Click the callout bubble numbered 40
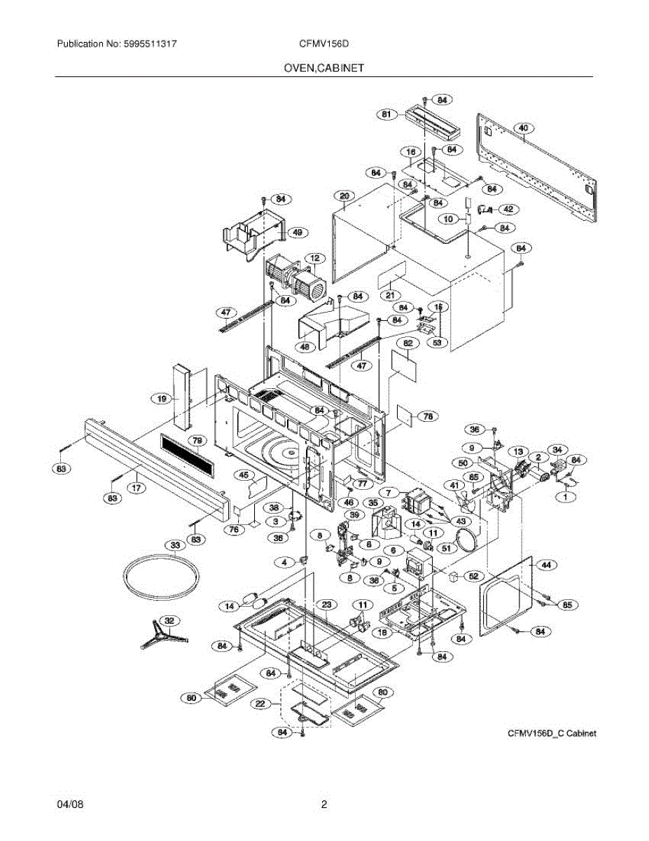pos(524,128)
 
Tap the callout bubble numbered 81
pos(385,115)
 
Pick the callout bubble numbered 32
pos(169,620)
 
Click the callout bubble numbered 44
pos(545,563)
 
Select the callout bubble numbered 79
pos(197,440)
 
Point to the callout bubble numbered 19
pos(162,398)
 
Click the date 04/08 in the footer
pos(70,805)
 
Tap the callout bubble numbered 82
pos(407,343)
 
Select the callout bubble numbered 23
pos(326,603)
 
